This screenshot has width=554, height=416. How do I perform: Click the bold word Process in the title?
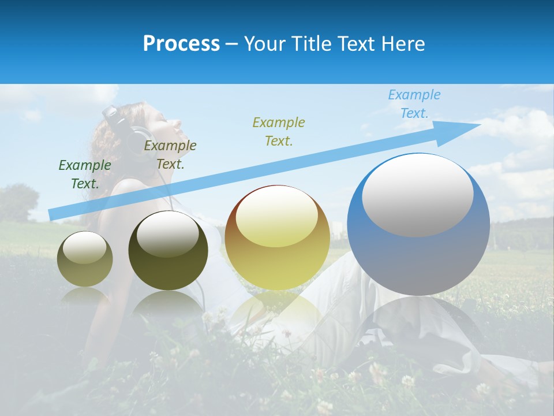pyautogui.click(x=181, y=43)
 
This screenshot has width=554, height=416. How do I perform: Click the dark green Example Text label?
pyautogui.click(x=85, y=174)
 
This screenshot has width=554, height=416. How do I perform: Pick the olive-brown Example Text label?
pyautogui.click(x=170, y=155)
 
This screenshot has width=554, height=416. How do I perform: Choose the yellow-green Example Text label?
pyautogui.click(x=279, y=131)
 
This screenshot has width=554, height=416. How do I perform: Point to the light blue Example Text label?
pyautogui.click(x=414, y=104)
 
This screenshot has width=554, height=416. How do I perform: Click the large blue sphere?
pyautogui.click(x=418, y=254)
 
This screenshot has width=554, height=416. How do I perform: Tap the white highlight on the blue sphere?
pyautogui.click(x=417, y=195)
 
